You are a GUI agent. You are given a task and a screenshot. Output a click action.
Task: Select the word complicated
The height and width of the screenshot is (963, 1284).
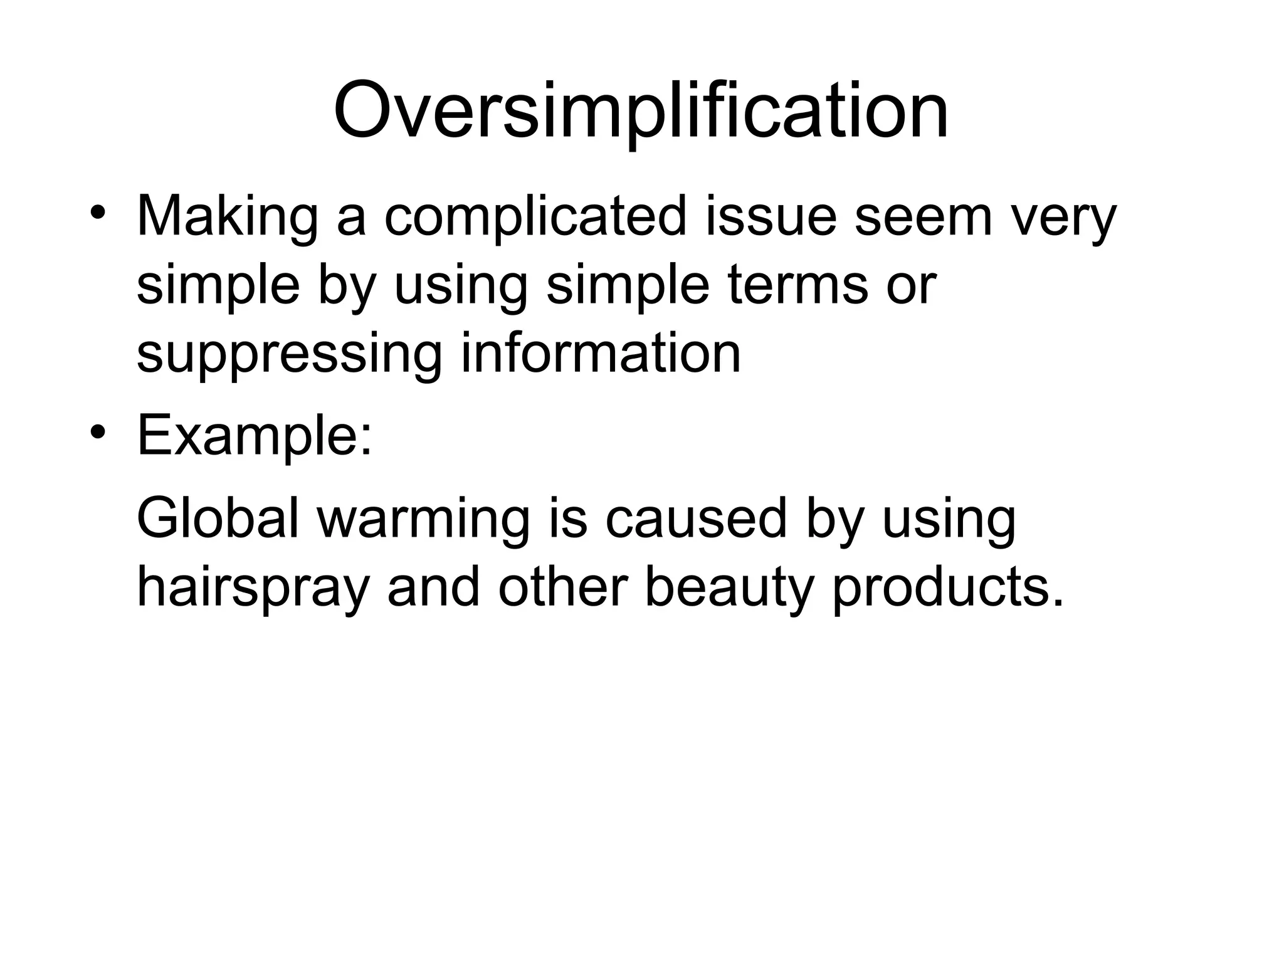point(535,217)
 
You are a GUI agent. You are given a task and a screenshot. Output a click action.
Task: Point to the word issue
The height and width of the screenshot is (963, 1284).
point(771,217)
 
